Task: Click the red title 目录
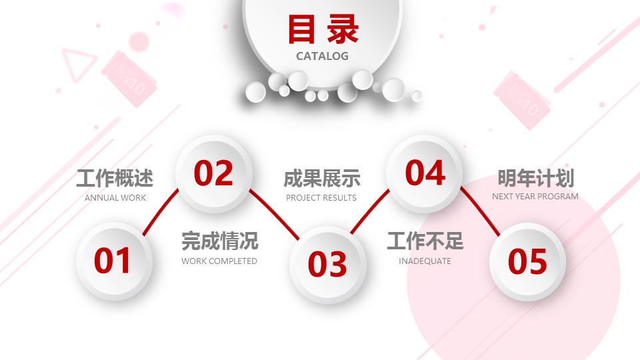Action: (x=323, y=29)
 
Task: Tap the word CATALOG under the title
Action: (x=323, y=56)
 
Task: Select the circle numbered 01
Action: (x=114, y=261)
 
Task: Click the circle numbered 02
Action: (x=214, y=174)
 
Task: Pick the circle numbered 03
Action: (x=328, y=265)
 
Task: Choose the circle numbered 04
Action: (x=425, y=173)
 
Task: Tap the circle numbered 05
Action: (x=527, y=261)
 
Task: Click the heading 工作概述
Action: (x=115, y=179)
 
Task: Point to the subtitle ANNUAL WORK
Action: (x=115, y=198)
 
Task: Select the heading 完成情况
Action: (x=219, y=241)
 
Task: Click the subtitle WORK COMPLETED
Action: (x=219, y=261)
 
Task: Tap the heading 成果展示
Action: (x=321, y=179)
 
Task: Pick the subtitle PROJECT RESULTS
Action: (x=321, y=198)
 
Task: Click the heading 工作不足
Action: (x=425, y=241)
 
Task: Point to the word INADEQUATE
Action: (x=425, y=261)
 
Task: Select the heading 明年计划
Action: (x=535, y=178)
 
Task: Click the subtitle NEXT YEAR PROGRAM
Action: (x=535, y=196)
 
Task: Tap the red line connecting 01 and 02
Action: (x=161, y=212)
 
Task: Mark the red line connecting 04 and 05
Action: (x=481, y=211)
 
